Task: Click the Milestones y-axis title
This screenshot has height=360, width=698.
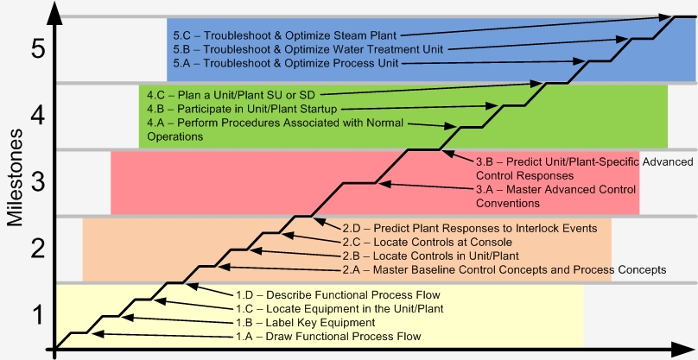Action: [16, 178]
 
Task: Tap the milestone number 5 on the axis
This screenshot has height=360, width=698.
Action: [38, 49]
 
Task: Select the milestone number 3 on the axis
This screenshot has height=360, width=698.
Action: [38, 182]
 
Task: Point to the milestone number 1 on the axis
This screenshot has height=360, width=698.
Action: [39, 314]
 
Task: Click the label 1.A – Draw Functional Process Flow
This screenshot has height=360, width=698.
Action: [328, 337]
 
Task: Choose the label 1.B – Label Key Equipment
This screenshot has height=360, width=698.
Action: [306, 323]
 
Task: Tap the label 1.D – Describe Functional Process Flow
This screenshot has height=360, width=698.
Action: [338, 295]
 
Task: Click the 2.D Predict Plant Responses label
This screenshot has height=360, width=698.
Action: [470, 228]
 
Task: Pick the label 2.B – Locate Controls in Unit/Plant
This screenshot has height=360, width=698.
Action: [430, 256]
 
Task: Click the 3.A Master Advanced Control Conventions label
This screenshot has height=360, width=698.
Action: [555, 196]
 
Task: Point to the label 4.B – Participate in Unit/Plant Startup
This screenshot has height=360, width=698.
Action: [242, 109]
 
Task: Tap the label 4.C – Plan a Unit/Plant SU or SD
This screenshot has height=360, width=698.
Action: [231, 95]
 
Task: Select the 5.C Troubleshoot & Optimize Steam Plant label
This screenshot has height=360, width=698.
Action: [284, 35]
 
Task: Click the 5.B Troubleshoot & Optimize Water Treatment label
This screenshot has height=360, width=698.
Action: [308, 49]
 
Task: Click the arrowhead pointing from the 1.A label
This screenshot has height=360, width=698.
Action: [96, 334]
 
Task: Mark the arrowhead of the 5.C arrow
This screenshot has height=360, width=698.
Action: [665, 17]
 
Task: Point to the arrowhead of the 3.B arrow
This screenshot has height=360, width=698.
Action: [447, 154]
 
